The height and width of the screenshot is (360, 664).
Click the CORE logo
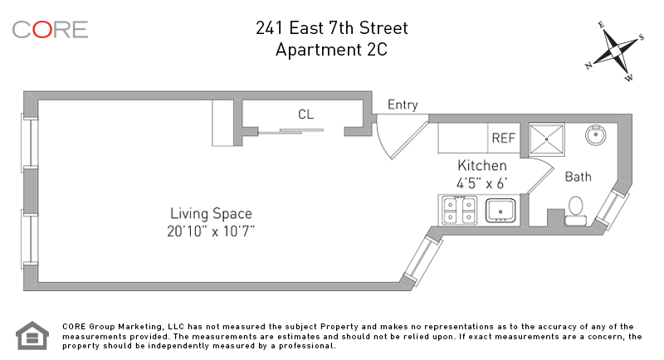[x=50, y=30]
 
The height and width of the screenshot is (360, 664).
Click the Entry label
[x=403, y=105]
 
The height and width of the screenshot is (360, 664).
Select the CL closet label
[x=305, y=114]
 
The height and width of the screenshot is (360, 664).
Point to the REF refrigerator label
[x=504, y=138]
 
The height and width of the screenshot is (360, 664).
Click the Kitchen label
[x=482, y=165]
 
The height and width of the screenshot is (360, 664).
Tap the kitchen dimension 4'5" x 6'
[x=482, y=183]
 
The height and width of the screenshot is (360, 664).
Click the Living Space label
[x=211, y=214]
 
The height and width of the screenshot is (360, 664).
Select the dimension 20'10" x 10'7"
[x=211, y=231]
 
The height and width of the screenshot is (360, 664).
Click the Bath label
[x=578, y=177]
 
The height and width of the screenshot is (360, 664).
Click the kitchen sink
[x=500, y=210]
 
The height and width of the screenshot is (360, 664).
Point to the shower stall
[x=547, y=139]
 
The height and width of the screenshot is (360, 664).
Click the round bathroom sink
[x=596, y=135]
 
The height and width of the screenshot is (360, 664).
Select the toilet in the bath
[x=575, y=211]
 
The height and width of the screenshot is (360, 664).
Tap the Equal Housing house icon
[x=32, y=335]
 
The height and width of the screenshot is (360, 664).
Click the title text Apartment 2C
[x=331, y=50]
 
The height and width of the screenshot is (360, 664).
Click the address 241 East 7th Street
[x=331, y=28]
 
